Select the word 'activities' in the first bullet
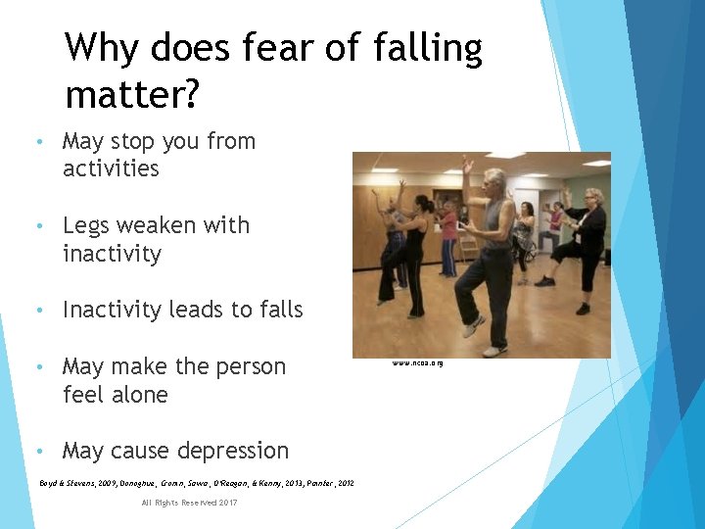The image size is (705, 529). point(111,168)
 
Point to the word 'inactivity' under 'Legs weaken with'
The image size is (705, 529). point(112,254)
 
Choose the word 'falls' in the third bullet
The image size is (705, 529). point(280,311)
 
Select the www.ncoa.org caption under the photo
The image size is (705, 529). point(418,363)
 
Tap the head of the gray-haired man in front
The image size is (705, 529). point(495,182)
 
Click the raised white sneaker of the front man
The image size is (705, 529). point(474,326)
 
